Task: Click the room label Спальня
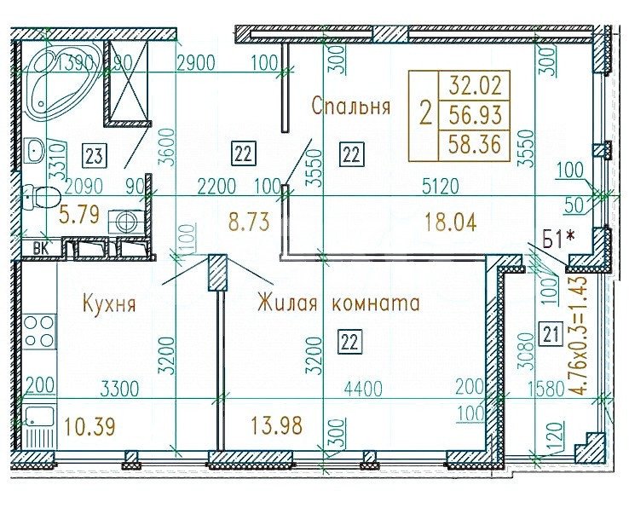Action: (x=350, y=107)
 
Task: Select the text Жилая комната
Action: (x=338, y=303)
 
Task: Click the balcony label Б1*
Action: (x=557, y=239)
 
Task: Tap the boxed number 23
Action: (x=94, y=155)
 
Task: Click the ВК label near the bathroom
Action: (x=39, y=249)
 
